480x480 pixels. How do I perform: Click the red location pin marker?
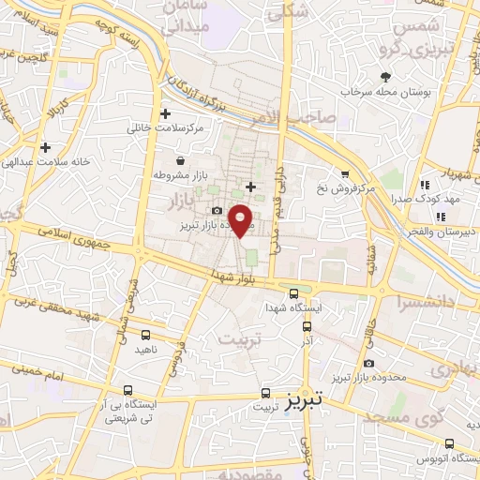[241, 219]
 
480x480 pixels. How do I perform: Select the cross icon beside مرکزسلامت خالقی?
[165, 113]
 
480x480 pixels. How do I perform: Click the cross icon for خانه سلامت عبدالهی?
[45, 147]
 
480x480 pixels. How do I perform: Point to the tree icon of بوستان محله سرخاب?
[384, 78]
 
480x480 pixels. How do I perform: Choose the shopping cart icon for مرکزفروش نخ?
[345, 173]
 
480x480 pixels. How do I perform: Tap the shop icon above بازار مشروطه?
[179, 160]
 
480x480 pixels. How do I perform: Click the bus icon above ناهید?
[145, 334]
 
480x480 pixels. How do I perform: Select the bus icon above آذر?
[307, 326]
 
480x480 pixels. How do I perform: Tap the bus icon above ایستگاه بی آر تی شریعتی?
[127, 389]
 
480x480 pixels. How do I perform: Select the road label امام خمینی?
[38, 373]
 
